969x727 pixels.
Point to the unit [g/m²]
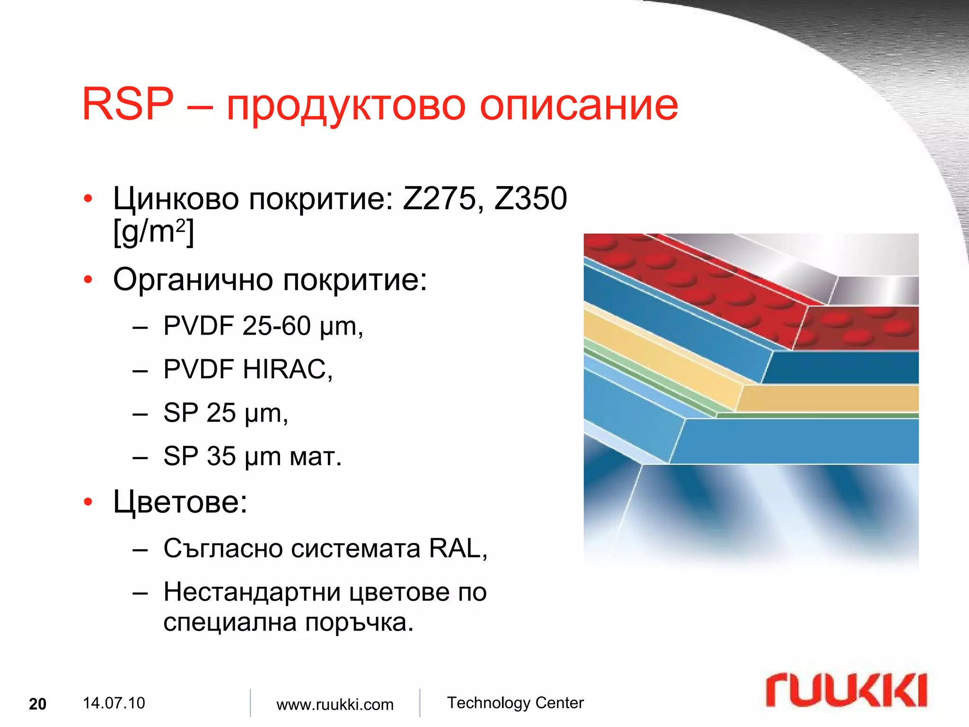pos(153,232)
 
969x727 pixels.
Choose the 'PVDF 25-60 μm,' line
pos(263,326)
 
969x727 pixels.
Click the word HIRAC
pos(287,369)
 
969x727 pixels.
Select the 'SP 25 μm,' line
pos(225,413)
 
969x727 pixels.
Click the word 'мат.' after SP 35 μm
pos(315,456)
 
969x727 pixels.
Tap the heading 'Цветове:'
pos(180,502)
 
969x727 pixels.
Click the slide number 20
pos(38,704)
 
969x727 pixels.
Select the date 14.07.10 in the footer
pos(114,703)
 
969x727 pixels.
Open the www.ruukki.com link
pos(335,704)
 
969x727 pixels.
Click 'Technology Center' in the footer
pos(515,703)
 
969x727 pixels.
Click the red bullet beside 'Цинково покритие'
pos(88,199)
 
